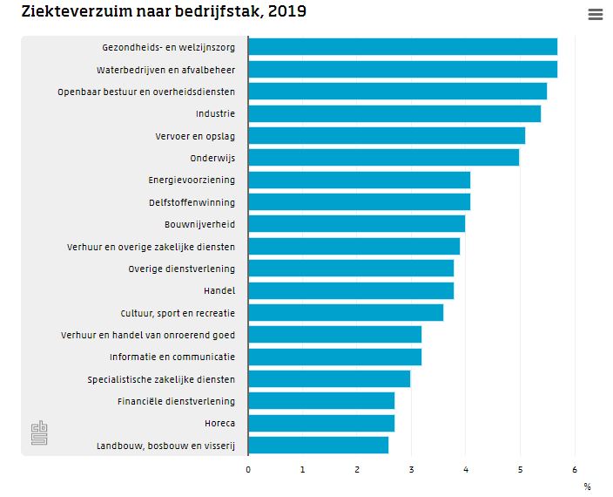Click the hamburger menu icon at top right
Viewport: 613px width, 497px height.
596,15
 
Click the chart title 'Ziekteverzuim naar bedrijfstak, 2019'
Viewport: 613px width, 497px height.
164,12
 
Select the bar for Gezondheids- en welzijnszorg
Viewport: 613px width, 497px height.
402,47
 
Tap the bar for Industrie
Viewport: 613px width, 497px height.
394,113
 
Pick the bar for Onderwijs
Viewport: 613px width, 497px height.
383,158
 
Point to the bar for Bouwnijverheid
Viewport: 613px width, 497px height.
356,224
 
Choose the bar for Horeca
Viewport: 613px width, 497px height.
321,424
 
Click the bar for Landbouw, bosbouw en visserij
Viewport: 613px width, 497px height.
318,446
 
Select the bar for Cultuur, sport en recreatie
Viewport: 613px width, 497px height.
346,313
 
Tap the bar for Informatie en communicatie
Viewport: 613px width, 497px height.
334,357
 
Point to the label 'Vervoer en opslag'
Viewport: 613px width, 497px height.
195,136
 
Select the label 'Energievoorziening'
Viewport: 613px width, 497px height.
192,180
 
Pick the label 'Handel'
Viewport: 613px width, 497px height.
219,290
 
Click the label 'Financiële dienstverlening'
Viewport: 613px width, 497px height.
176,401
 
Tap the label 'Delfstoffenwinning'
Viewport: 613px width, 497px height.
192,202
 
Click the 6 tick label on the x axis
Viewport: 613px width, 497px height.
575,469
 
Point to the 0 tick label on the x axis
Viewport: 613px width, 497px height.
248,469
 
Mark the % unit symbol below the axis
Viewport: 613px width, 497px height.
587,487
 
